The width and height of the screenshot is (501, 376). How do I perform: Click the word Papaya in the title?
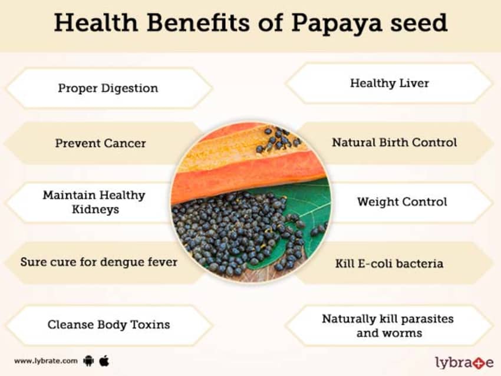[x=336, y=23]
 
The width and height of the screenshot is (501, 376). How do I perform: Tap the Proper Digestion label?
[x=108, y=88]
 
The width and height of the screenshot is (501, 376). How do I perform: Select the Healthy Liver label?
[x=390, y=83]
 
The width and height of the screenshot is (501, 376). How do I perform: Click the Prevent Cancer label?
[x=100, y=143]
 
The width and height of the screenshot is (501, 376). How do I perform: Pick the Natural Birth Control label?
[x=394, y=143]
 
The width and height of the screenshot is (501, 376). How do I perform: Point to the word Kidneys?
[x=95, y=210]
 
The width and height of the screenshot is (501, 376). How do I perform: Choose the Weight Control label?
[x=402, y=202]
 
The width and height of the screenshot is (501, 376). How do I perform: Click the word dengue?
[x=122, y=263]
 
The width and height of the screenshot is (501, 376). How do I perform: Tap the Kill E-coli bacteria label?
[x=389, y=263]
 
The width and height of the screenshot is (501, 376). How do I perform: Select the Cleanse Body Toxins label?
[x=108, y=325]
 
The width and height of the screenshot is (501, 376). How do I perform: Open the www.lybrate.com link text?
[x=46, y=361]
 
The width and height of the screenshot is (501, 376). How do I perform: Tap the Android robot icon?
[x=88, y=361]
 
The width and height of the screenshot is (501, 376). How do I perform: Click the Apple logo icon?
[x=104, y=361]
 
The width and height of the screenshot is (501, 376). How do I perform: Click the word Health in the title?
[x=96, y=23]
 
